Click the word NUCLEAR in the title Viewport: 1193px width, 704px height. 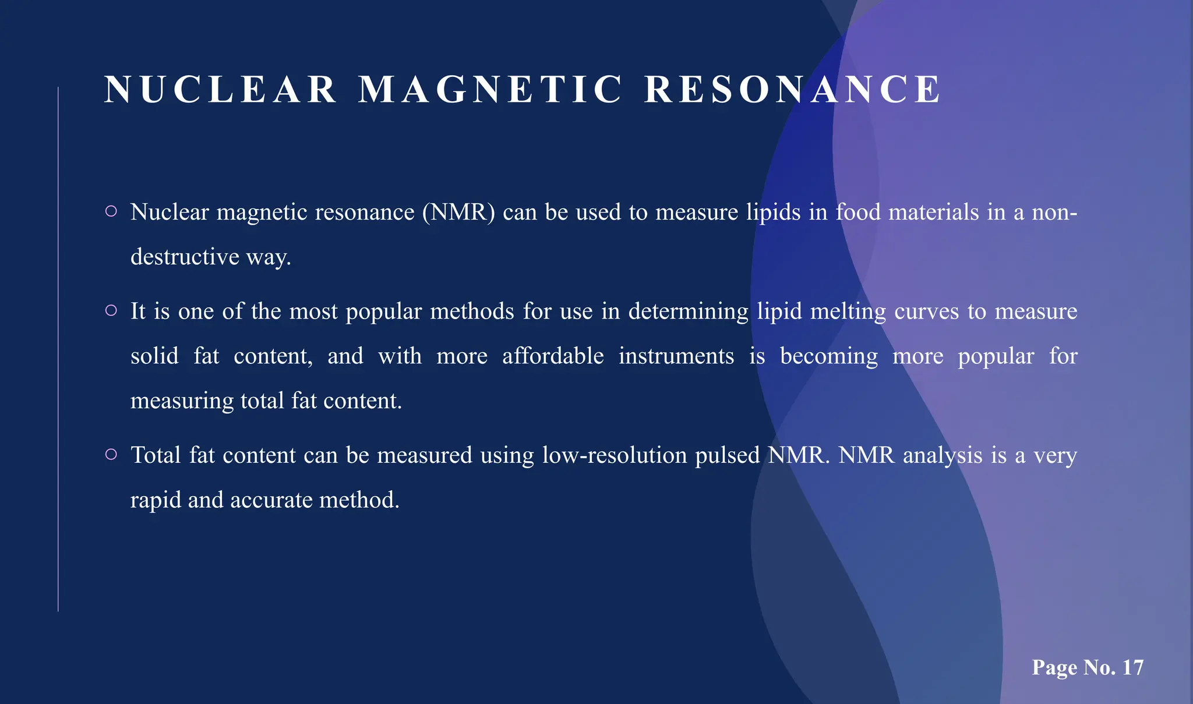220,90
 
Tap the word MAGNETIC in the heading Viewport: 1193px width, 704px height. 490,90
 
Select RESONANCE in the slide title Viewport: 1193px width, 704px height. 793,90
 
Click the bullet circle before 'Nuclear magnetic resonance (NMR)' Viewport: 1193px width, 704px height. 111,211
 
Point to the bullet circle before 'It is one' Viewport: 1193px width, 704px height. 111,311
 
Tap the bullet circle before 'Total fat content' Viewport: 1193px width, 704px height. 111,454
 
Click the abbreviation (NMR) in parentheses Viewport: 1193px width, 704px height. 458,212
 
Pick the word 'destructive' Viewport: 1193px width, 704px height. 185,257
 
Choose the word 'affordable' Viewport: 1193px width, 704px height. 553,356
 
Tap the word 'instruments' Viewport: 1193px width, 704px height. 676,356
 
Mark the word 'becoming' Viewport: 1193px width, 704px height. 828,356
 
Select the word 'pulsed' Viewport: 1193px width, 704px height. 728,455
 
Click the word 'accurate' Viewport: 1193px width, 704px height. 271,500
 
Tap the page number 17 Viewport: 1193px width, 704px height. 1133,667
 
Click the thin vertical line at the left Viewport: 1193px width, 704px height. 58,349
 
